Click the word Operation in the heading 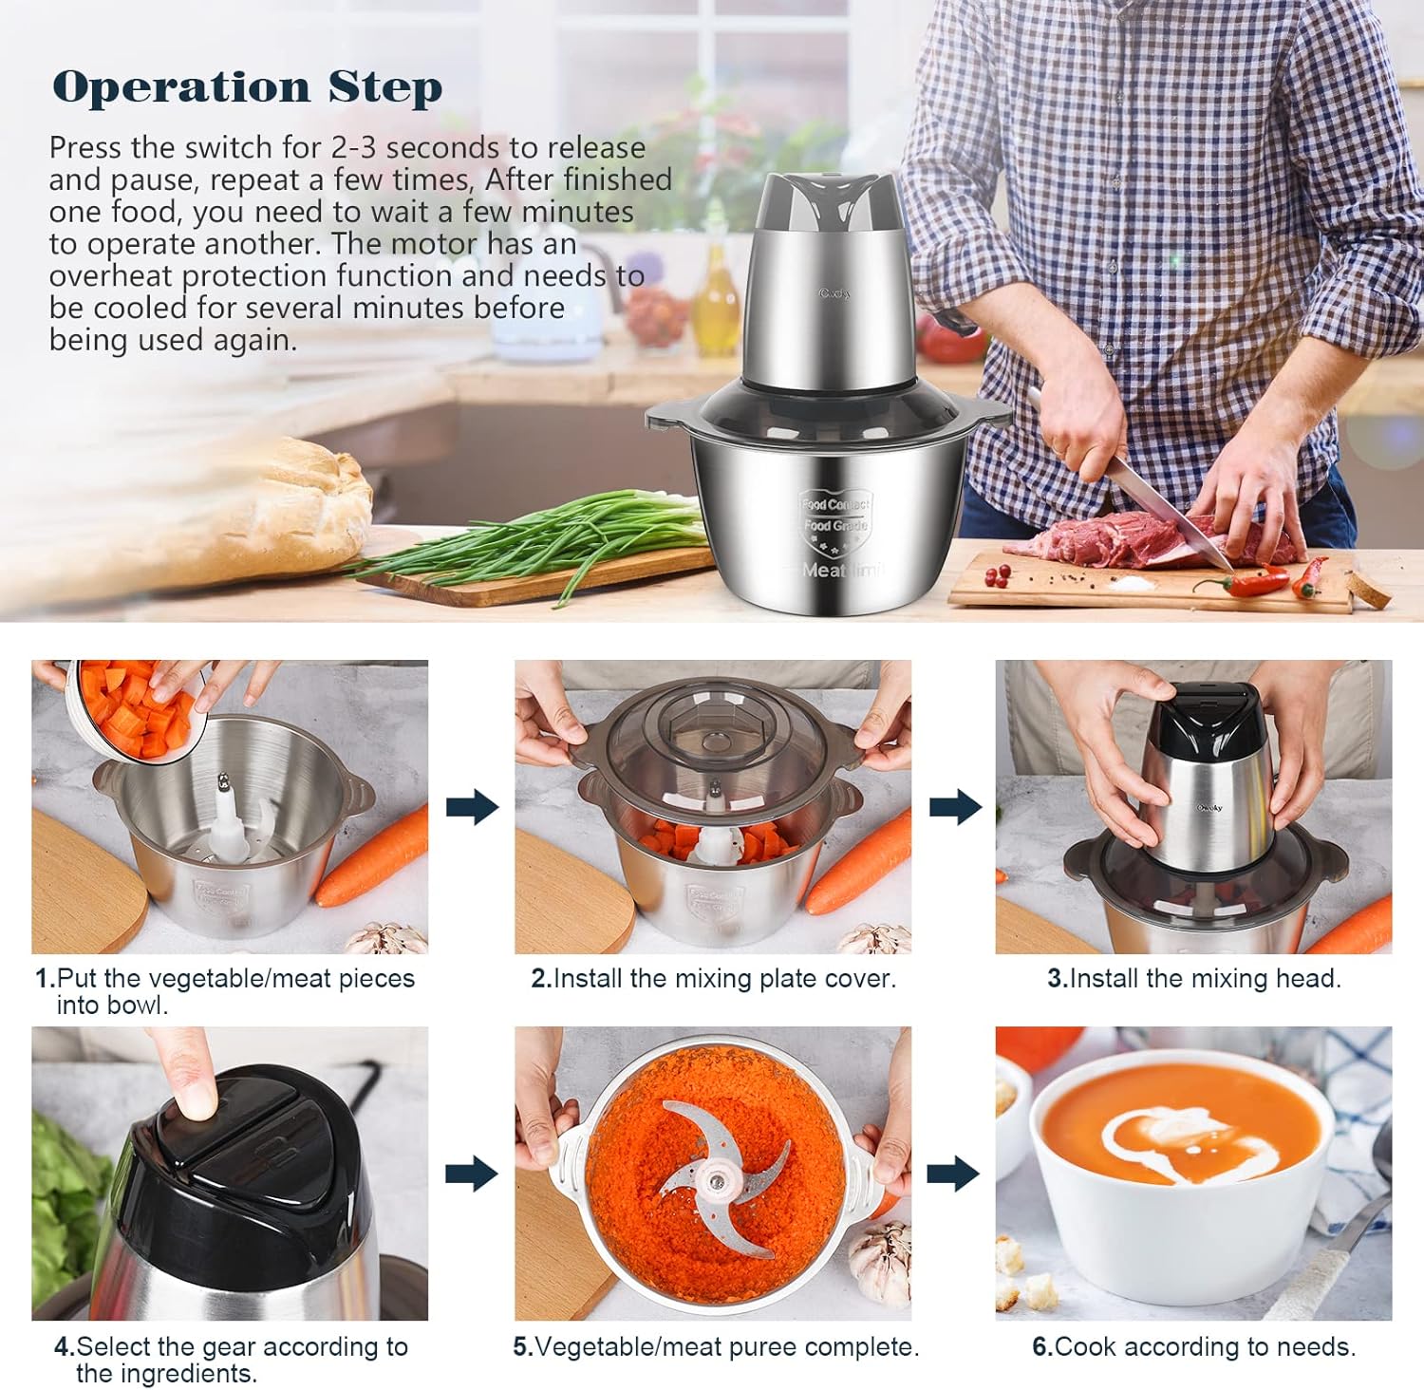click(181, 86)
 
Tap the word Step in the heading click(385, 88)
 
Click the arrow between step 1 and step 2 click(473, 807)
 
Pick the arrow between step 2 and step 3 click(956, 807)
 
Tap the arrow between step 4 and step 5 click(473, 1174)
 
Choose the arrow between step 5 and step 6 click(953, 1174)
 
